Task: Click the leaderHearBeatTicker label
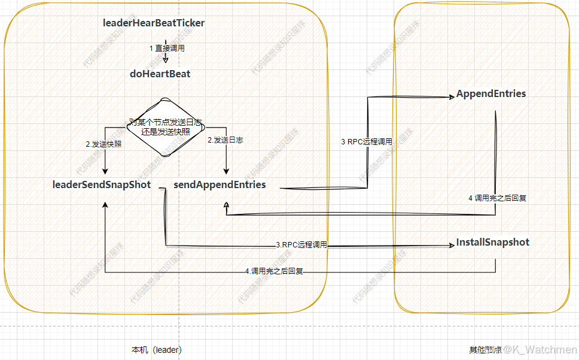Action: [154, 23]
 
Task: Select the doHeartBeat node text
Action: [160, 74]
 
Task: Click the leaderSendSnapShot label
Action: [102, 184]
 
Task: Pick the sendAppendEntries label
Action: [220, 184]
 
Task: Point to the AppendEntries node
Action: [491, 94]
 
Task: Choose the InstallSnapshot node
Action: [493, 243]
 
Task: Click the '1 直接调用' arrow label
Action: [167, 47]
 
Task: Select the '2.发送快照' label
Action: [103, 144]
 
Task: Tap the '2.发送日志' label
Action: [225, 140]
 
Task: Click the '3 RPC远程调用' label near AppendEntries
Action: [367, 142]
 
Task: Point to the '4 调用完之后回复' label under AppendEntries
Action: [497, 198]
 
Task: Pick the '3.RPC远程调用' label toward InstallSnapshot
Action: [301, 245]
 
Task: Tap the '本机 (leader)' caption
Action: [157, 349]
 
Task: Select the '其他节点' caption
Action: [484, 349]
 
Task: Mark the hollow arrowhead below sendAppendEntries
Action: [226, 205]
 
